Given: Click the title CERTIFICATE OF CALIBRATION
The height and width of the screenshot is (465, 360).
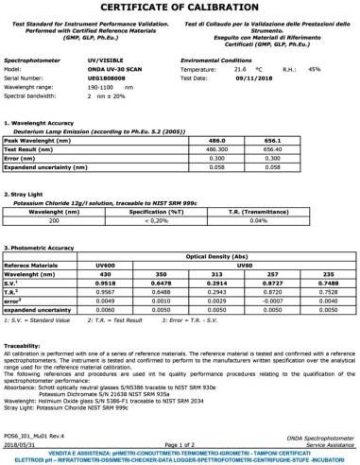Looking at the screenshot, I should tap(180, 9).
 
